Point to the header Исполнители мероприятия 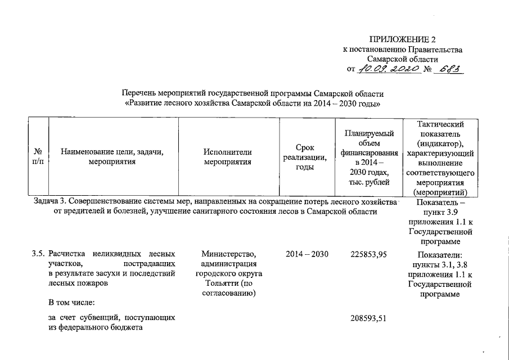[x=228, y=157]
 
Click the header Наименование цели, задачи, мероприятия [x=112, y=157]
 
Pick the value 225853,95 [x=368, y=254]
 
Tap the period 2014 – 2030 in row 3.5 [x=307, y=254]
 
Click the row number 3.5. [x=38, y=254]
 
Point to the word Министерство [x=228, y=254]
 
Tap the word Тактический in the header [x=441, y=124]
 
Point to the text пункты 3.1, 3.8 [x=441, y=264]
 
